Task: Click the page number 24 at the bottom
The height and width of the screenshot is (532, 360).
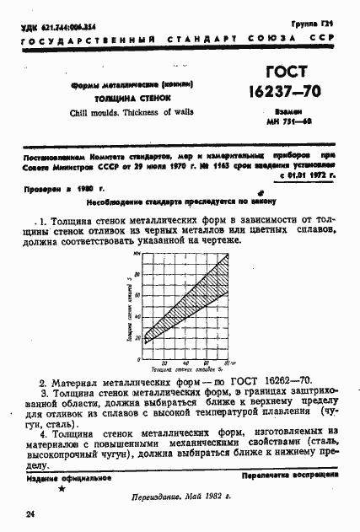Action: (30, 513)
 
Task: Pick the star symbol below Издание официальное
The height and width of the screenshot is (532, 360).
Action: (61, 488)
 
